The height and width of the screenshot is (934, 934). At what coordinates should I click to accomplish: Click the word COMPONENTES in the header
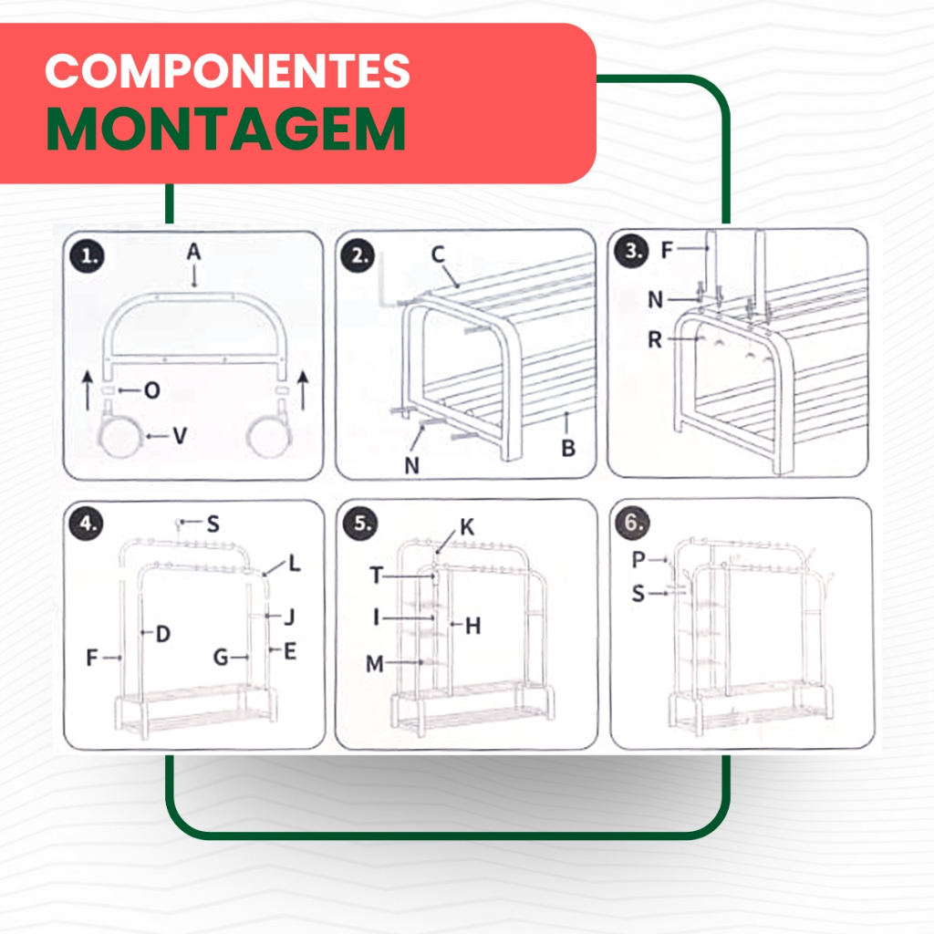pos(227,71)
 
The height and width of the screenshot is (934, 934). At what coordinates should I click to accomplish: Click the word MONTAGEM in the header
pos(226,130)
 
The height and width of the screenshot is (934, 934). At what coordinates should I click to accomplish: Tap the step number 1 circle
pos(87,256)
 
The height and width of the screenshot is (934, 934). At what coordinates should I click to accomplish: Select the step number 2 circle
pos(358,255)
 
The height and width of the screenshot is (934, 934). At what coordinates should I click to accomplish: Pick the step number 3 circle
pos(631,251)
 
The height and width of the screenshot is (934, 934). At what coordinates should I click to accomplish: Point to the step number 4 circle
pos(87,524)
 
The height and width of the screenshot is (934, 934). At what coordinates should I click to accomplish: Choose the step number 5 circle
pos(360,524)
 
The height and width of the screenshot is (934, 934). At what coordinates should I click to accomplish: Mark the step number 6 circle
pos(633,523)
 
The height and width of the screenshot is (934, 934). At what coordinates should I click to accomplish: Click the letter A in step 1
pos(193,252)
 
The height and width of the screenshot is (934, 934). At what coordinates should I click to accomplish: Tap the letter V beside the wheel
pos(180,435)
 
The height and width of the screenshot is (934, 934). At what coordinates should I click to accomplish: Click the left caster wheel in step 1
pos(120,437)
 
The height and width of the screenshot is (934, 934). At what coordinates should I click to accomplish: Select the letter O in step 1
pos(152,390)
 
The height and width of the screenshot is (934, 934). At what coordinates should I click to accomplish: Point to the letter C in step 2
pos(438,254)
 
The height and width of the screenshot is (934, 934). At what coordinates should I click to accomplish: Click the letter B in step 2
pos(568,448)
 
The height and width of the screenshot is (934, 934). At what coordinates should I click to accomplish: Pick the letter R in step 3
pos(655,339)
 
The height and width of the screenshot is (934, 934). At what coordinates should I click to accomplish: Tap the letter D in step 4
pos(162,633)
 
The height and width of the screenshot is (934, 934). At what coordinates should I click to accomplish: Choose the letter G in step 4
pos(221,657)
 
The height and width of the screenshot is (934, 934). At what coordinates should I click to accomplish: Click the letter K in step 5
pos(467,526)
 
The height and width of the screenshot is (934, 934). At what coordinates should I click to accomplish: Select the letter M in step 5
pos(375,663)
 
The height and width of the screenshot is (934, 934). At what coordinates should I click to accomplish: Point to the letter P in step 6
pos(638,559)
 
